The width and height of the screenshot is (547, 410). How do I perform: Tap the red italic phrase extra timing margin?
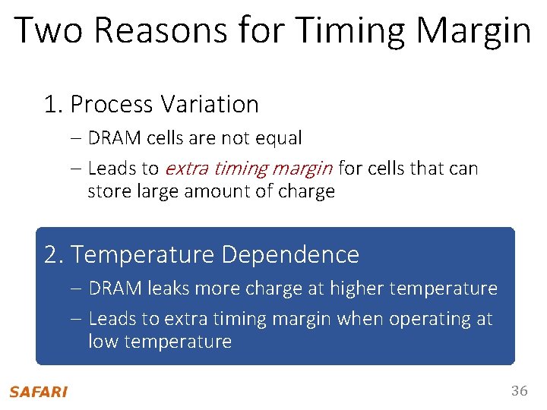[248, 168]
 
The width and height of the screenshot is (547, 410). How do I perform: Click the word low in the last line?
[103, 342]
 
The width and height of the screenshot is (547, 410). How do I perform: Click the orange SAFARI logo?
[38, 392]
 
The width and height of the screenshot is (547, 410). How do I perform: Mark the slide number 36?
[519, 391]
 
